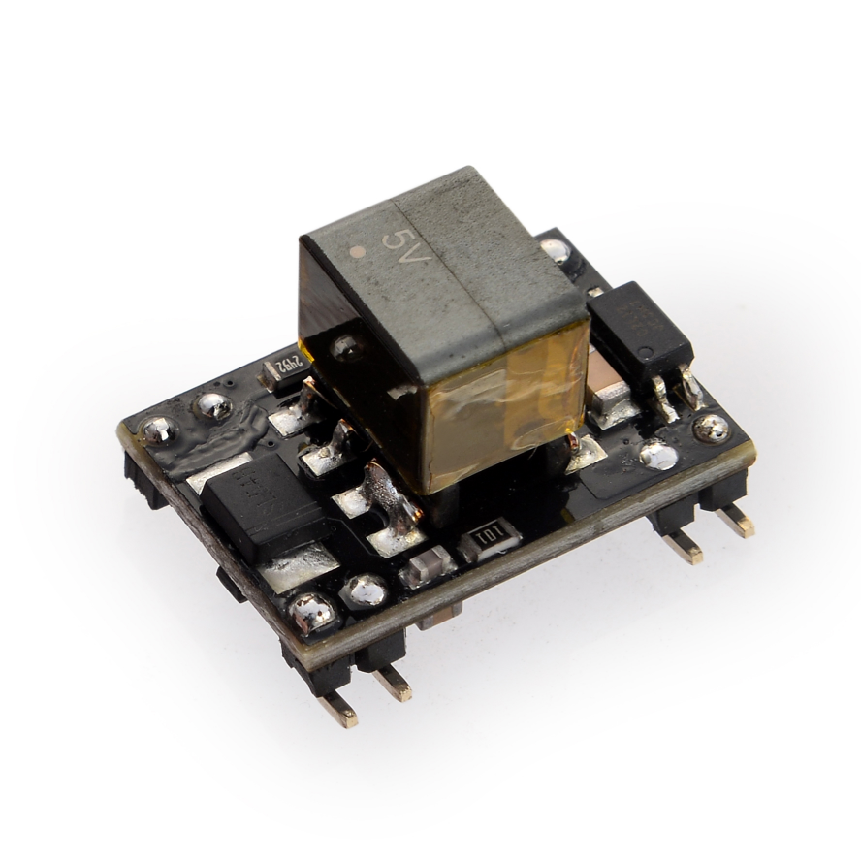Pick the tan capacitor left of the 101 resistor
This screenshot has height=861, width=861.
pyautogui.click(x=429, y=563)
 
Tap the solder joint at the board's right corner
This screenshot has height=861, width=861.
pyautogui.click(x=712, y=428)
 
